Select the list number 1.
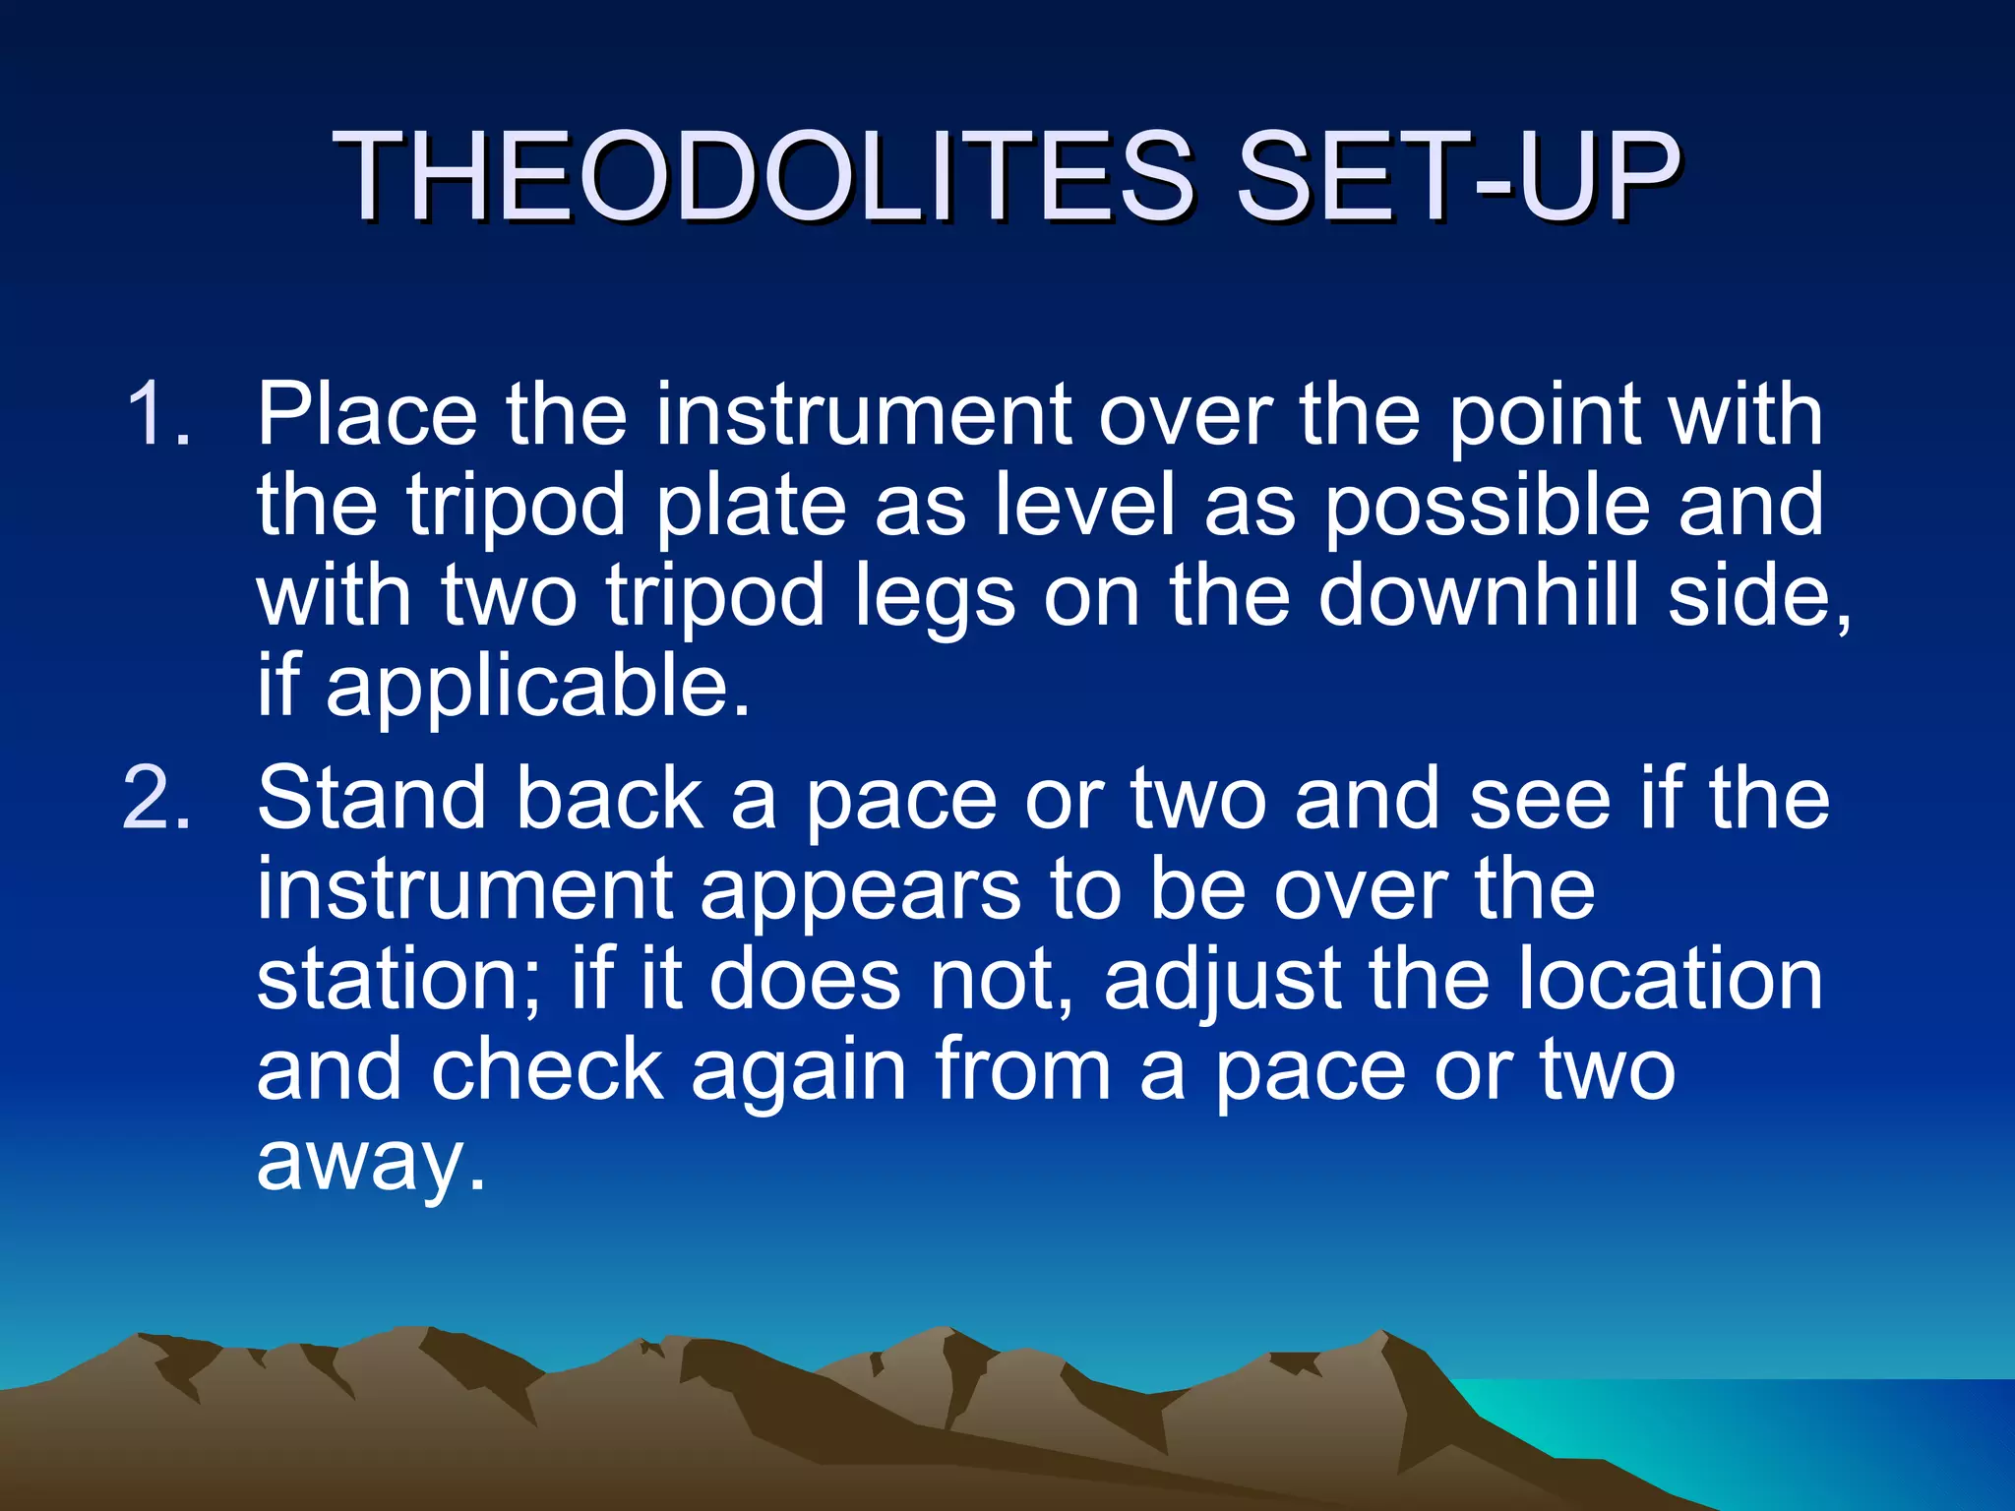click(157, 415)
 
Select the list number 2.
click(157, 799)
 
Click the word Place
click(367, 415)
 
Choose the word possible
click(1486, 507)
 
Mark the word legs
click(934, 598)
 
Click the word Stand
click(372, 799)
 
